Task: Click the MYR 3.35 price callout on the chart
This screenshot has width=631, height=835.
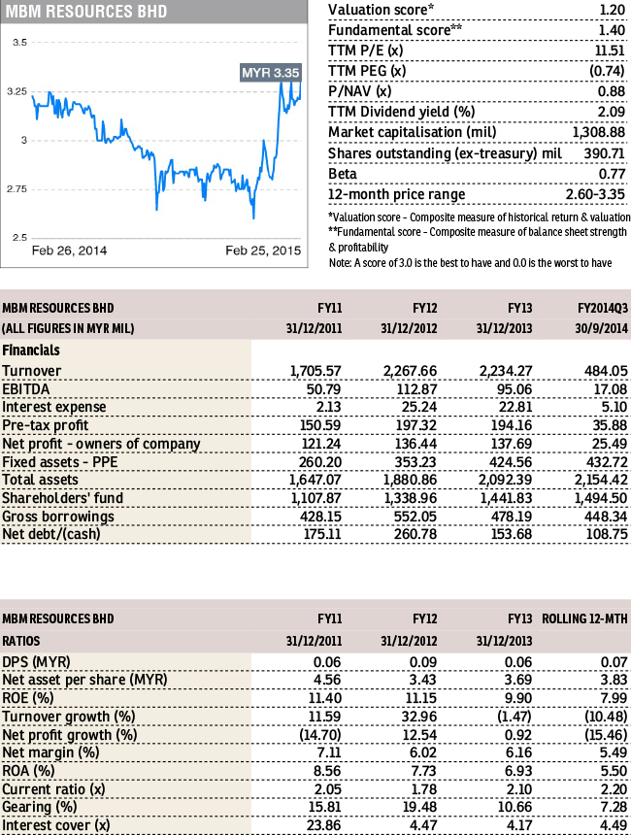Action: pos(271,73)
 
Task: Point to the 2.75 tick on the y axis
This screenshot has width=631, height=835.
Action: pos(17,189)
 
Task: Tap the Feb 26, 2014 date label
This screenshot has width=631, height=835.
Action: pos(69,250)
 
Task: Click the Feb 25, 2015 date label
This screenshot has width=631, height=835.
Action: pos(263,250)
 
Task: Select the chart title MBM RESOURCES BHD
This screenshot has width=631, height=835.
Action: pos(85,12)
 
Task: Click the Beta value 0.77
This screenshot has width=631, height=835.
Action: pos(612,174)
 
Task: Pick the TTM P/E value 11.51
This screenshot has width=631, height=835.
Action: pos(610,50)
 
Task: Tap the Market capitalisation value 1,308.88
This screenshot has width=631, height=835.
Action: pos(599,132)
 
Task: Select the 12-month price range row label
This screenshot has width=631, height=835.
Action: pos(397,195)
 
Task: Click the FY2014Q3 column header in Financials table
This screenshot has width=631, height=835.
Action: pos(603,309)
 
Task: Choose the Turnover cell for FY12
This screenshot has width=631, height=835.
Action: pos(410,371)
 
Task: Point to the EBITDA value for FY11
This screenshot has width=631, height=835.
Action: pos(324,389)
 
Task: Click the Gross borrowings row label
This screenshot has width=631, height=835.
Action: pos(58,517)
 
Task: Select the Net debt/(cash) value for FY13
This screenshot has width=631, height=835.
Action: pos(512,534)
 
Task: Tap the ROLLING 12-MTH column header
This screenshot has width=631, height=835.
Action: pos(584,618)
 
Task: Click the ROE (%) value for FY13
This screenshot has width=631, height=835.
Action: pos(517,698)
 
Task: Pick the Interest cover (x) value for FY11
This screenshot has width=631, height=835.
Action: pos(324,825)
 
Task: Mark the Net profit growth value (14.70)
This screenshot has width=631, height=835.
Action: pos(320,735)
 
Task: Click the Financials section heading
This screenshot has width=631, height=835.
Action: pos(31,351)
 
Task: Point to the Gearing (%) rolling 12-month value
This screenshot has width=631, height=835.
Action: pos(614,807)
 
